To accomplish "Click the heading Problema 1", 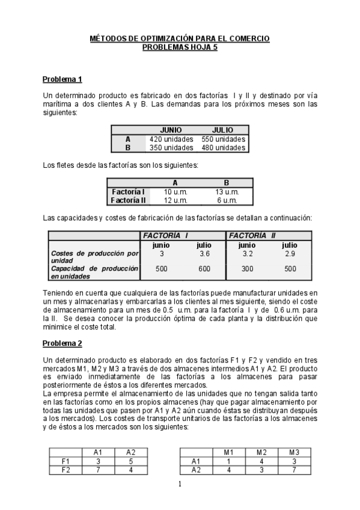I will point(62,79).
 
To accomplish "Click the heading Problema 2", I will point(62,343).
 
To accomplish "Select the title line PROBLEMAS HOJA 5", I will point(180,48).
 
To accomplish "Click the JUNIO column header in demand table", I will point(171,130).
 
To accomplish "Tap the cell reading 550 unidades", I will point(222,139).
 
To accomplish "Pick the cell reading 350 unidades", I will point(171,147).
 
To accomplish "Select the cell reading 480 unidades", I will point(222,147).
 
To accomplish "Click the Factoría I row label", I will point(128,191).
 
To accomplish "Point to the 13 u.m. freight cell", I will point(227,191).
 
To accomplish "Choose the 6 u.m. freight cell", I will point(227,200).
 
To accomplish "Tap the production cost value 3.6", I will point(204,254).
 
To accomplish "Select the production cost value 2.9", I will point(290,254).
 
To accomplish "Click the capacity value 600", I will point(204,269).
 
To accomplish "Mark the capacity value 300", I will point(246,269).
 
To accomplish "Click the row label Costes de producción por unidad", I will point(95,257).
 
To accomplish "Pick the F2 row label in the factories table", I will point(67,470).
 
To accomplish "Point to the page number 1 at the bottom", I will point(180,485).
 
